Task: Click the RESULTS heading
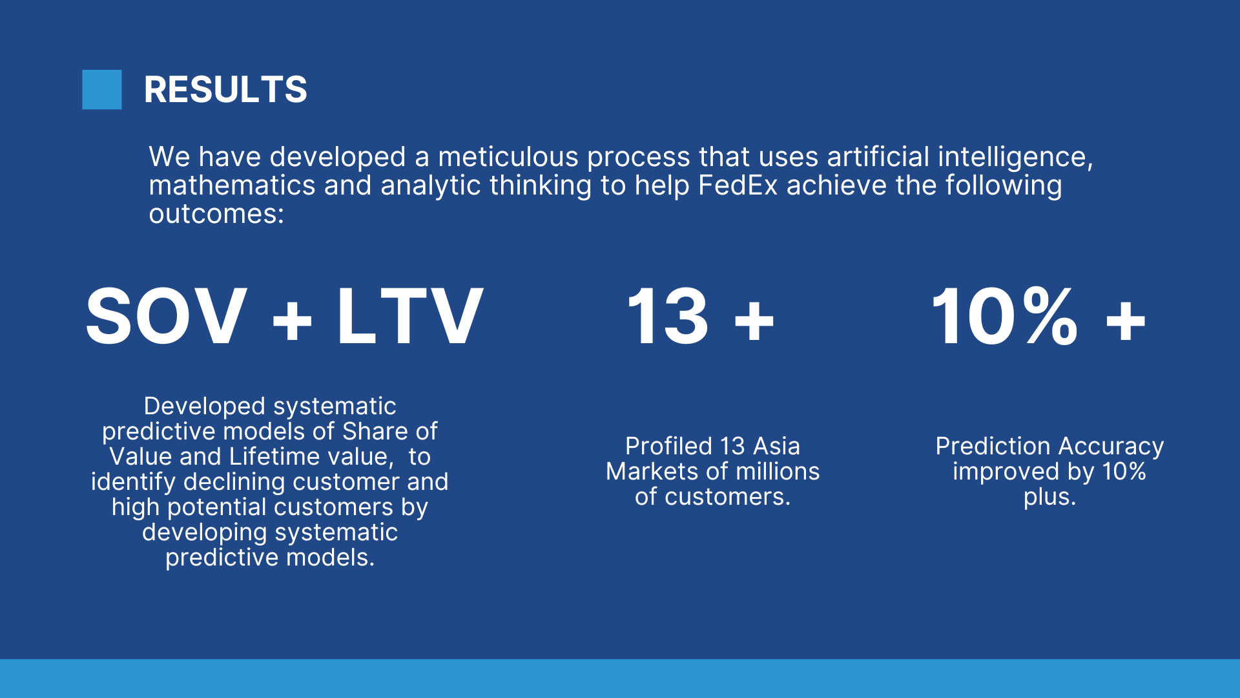point(225,89)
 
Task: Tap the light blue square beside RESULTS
point(102,89)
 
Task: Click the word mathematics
point(232,185)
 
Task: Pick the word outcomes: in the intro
point(216,214)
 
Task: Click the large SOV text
point(167,317)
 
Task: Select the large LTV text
point(410,317)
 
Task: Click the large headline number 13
point(668,317)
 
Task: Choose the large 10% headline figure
point(1005,317)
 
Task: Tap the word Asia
point(776,447)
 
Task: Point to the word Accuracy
point(1111,447)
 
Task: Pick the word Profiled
point(668,447)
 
